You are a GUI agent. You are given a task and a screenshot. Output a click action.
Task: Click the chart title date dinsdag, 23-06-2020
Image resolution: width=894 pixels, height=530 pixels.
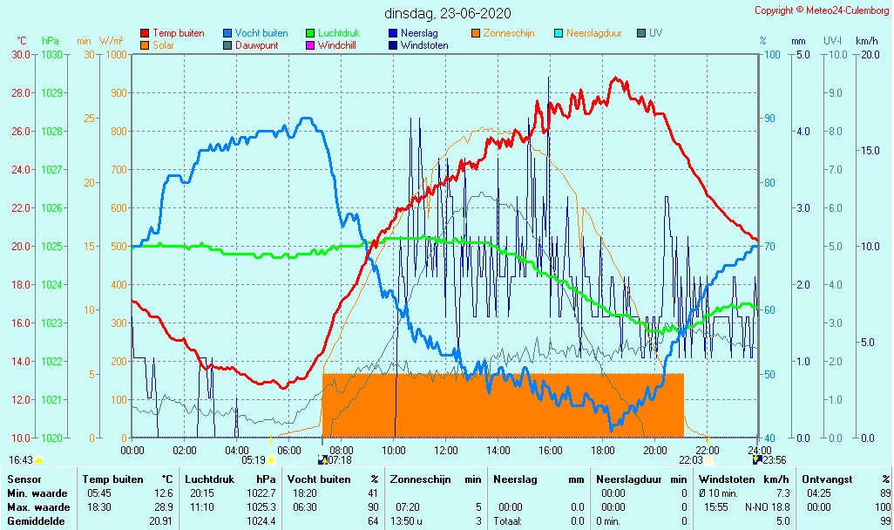click(x=448, y=13)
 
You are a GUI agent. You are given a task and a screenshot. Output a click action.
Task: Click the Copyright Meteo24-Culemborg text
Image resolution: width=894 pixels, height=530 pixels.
click(x=822, y=10)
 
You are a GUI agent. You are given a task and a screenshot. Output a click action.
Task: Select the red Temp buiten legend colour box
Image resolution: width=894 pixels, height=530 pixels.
click(x=145, y=33)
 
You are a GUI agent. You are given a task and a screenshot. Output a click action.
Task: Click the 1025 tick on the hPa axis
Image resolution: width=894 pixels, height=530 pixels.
click(x=51, y=246)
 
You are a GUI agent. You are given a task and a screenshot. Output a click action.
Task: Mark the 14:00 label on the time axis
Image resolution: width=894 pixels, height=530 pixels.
click(x=498, y=450)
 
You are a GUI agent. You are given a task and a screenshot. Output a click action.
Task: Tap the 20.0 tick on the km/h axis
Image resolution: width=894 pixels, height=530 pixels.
click(x=867, y=54)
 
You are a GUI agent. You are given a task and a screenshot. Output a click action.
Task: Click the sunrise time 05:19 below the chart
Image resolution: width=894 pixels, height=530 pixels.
click(x=253, y=459)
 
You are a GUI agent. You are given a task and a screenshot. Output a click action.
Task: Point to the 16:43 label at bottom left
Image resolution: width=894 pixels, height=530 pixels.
click(x=21, y=459)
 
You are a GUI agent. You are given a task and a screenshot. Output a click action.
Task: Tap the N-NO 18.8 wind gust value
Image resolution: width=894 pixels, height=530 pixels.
click(x=766, y=507)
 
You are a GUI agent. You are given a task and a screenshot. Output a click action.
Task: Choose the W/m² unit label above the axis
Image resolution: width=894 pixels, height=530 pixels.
click(x=112, y=41)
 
